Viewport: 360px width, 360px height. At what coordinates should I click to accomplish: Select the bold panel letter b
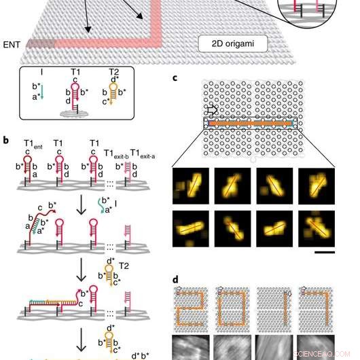pos(7,141)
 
